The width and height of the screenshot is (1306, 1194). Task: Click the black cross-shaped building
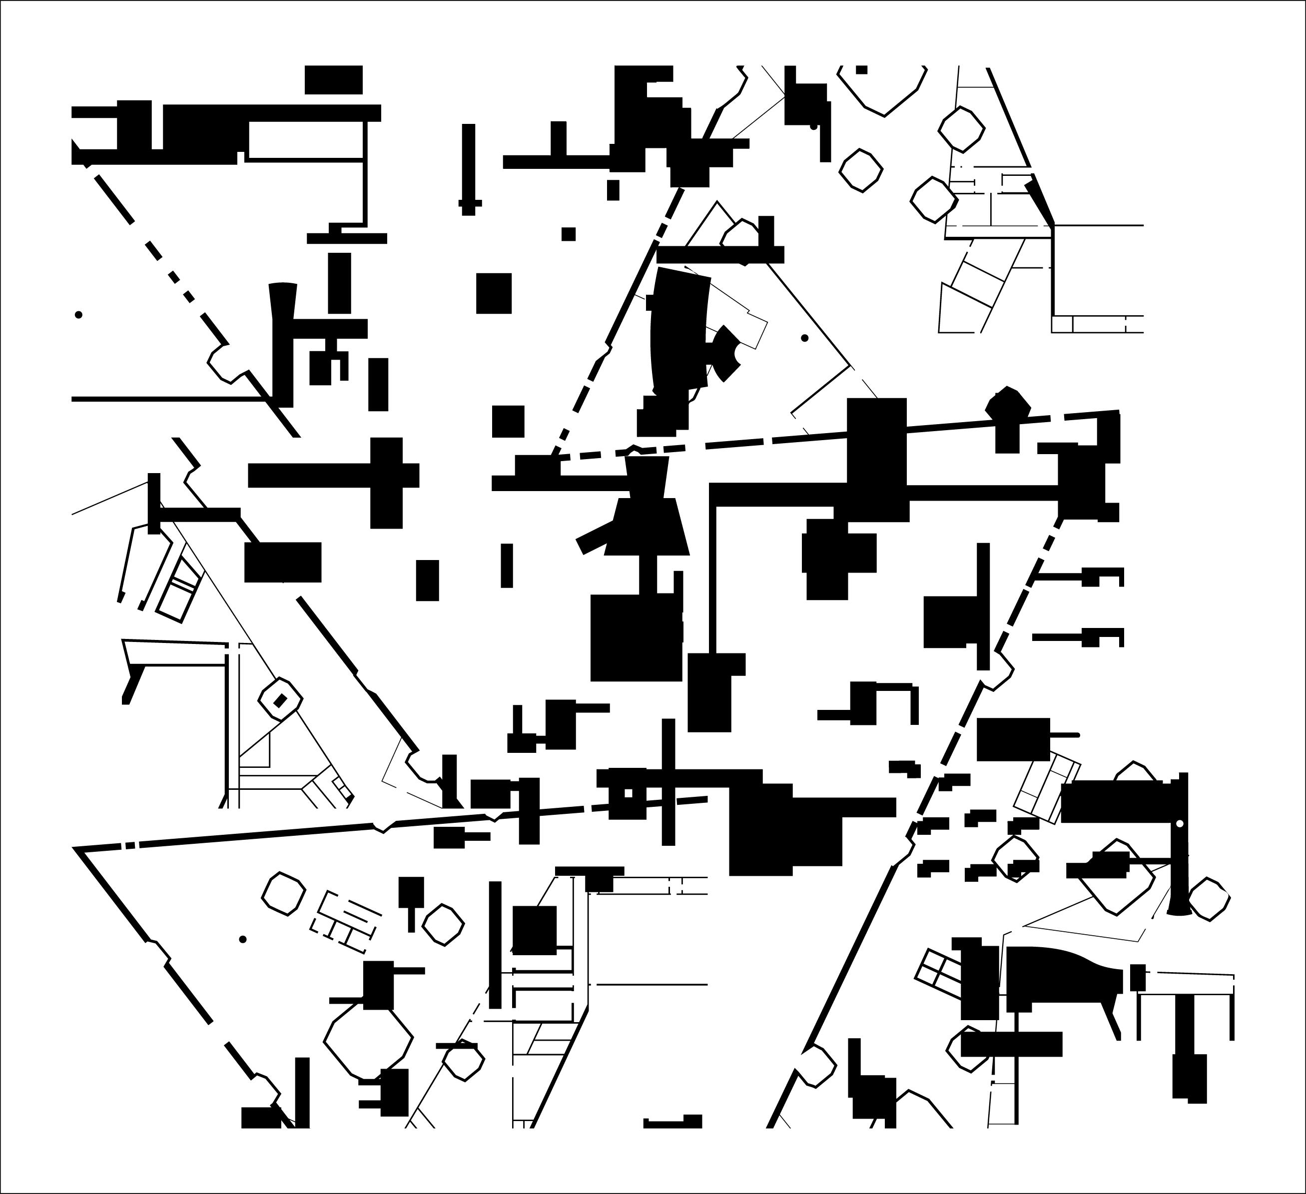(386, 476)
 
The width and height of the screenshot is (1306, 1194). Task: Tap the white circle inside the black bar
(1179, 823)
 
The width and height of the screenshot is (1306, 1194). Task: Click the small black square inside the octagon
(280, 700)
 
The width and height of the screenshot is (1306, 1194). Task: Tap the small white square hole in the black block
(627, 792)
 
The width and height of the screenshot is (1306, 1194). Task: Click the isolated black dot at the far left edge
(78, 315)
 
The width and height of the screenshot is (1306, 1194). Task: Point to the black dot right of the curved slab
(804, 338)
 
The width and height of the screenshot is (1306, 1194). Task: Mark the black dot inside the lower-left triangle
(243, 939)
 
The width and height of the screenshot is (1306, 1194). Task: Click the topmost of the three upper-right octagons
(961, 129)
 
